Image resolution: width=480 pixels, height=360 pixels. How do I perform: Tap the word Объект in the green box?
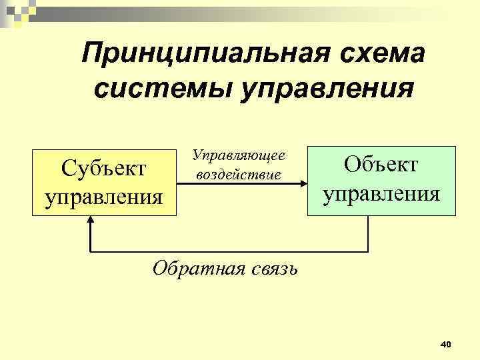[x=381, y=164]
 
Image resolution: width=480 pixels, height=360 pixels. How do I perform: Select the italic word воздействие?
[x=239, y=175]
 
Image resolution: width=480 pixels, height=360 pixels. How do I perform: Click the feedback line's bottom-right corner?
[x=368, y=251]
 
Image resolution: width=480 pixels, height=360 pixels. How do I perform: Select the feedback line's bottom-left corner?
[x=90, y=251]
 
